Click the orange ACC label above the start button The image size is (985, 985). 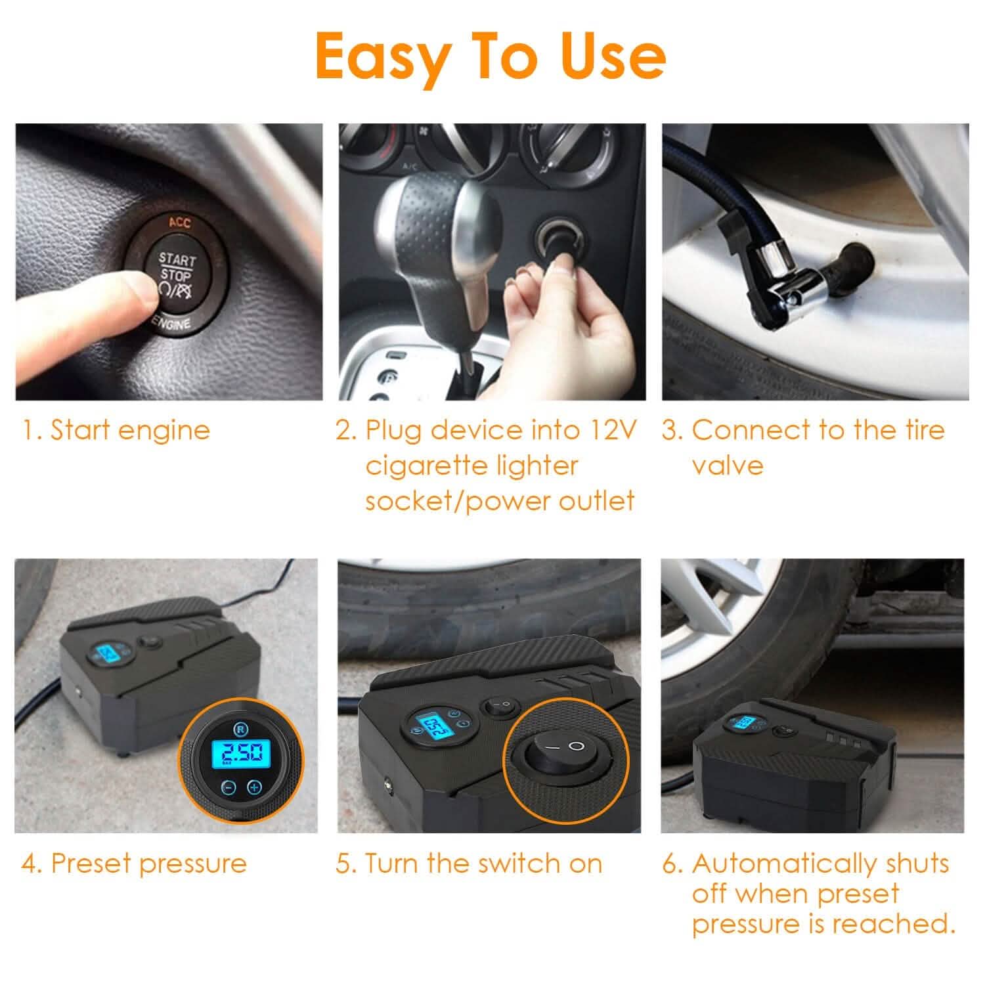point(179,223)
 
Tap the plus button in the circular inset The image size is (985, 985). point(255,787)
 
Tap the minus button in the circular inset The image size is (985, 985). point(227,787)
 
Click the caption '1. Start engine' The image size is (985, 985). point(116,431)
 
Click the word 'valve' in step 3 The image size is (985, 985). point(727,466)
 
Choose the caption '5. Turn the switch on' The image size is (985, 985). point(469,863)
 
